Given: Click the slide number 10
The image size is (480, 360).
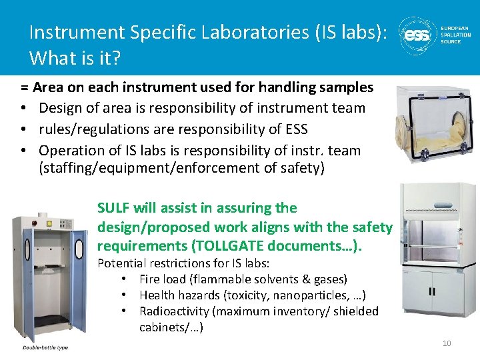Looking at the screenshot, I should pyautogui.click(x=447, y=343).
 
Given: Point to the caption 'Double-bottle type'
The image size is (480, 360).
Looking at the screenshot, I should pyautogui.click(x=45, y=347).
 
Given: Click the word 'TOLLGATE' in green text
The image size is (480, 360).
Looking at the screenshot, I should pyautogui.click(x=223, y=247).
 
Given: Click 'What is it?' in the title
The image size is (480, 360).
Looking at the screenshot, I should pyautogui.click(x=75, y=58).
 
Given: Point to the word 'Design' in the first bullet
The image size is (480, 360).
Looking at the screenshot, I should pyautogui.click(x=60, y=108).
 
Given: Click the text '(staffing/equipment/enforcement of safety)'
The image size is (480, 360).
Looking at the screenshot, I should pyautogui.click(x=181, y=168).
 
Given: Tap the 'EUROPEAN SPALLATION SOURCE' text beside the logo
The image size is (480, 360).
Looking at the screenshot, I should pyautogui.click(x=455, y=35).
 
